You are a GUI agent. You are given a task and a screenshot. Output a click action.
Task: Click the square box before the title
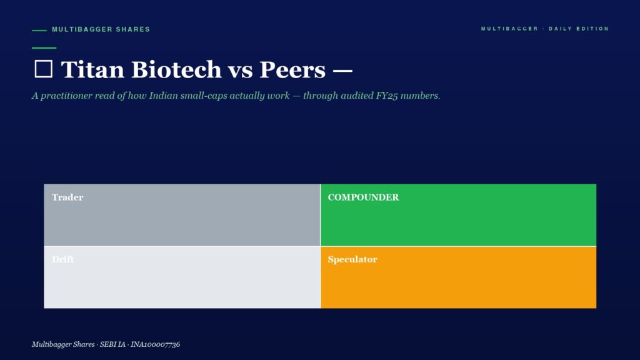(x=43, y=69)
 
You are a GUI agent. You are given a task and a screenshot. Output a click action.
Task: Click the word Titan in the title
(x=92, y=69)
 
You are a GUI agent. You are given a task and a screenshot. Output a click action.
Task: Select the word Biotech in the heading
(x=176, y=69)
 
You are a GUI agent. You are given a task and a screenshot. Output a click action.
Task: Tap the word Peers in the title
(x=292, y=70)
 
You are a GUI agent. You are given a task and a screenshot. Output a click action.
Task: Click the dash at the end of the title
(x=342, y=71)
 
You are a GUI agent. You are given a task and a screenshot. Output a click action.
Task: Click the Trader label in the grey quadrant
(x=67, y=197)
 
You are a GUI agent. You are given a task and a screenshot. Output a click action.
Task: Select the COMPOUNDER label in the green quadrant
(x=363, y=197)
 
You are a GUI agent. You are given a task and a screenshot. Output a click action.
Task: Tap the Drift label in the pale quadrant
(x=63, y=259)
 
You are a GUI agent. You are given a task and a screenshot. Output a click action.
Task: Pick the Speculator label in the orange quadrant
(x=352, y=259)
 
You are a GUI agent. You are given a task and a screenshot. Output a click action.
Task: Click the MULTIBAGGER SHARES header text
(x=101, y=29)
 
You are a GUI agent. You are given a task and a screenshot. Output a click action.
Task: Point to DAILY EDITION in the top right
(x=579, y=29)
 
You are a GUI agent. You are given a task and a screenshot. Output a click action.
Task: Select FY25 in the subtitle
(x=387, y=96)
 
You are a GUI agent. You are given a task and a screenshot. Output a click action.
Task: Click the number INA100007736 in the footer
(x=155, y=344)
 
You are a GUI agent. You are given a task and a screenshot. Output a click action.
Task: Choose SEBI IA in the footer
(x=112, y=344)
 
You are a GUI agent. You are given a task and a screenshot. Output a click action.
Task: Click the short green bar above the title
(x=44, y=47)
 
